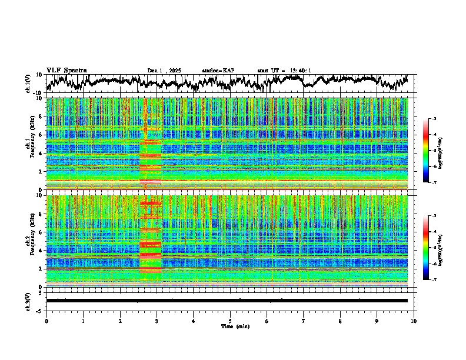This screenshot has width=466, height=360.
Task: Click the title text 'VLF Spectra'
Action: pyautogui.click(x=66, y=70)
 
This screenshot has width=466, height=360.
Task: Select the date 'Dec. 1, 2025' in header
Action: pyautogui.click(x=164, y=71)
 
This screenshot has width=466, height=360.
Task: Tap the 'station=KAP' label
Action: pyautogui.click(x=218, y=71)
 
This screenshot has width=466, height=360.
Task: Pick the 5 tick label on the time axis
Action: pyautogui.click(x=230, y=321)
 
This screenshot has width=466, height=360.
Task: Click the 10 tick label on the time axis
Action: pyautogui.click(x=414, y=321)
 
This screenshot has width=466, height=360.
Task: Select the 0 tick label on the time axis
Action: pyautogui.click(x=46, y=321)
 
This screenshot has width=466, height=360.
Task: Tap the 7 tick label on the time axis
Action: pyautogui.click(x=304, y=321)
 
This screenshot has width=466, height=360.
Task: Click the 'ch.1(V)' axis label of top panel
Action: pyautogui.click(x=28, y=84)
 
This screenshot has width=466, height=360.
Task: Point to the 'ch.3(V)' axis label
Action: pyautogui.click(x=28, y=300)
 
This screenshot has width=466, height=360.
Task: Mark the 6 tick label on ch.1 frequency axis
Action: pyautogui.click(x=41, y=135)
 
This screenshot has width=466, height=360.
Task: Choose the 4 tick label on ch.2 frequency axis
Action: pyautogui.click(x=41, y=250)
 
